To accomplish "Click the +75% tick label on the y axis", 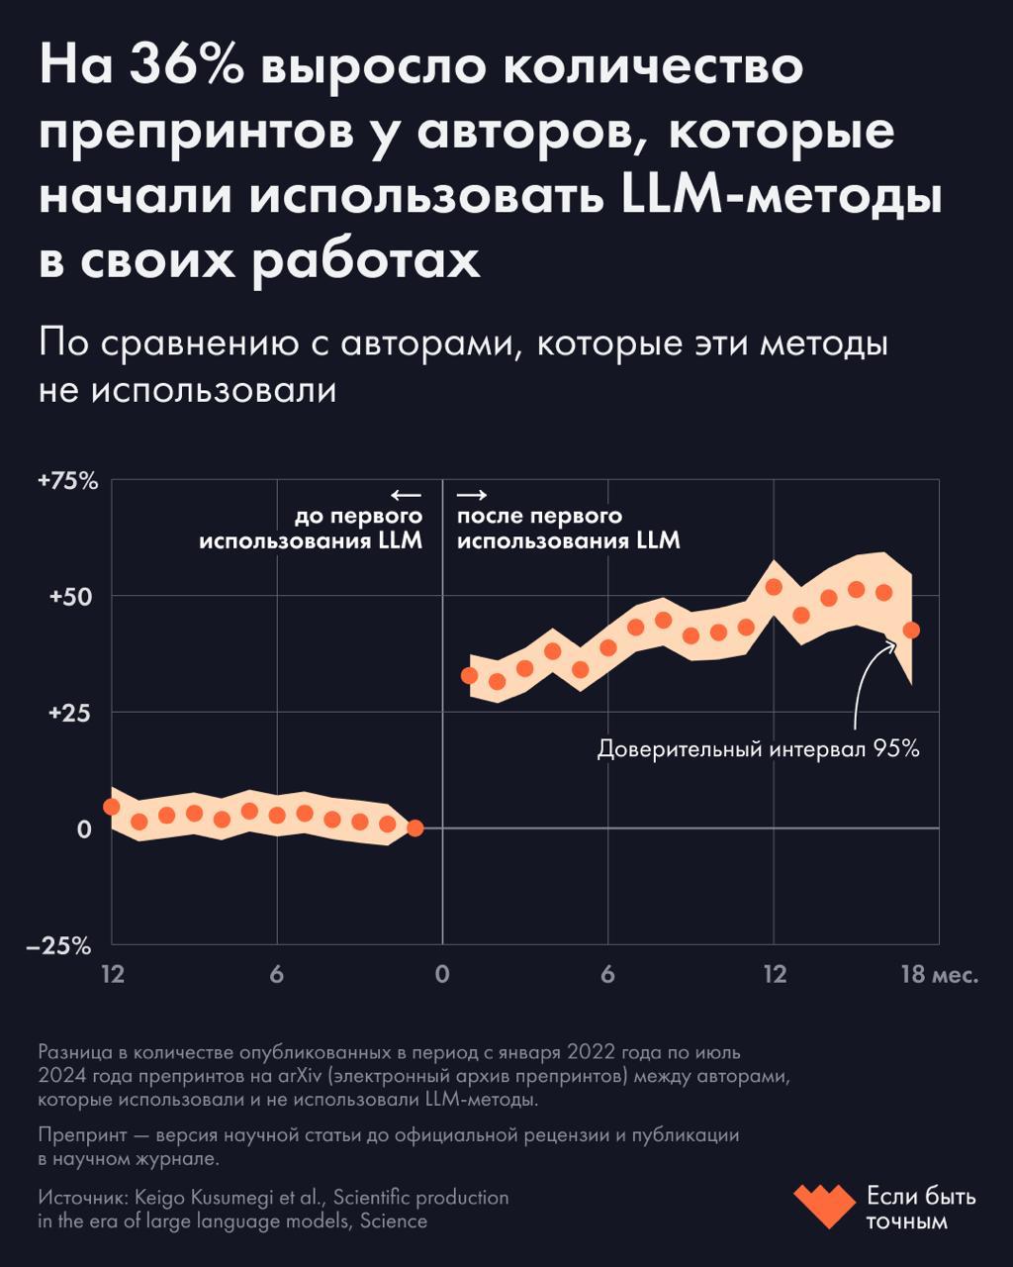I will click(x=68, y=481).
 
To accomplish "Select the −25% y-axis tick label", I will click(x=65, y=946).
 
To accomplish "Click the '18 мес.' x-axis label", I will click(x=938, y=975).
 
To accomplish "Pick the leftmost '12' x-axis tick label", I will click(x=113, y=975).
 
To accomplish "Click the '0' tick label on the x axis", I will click(x=442, y=975).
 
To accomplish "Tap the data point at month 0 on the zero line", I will click(x=415, y=828).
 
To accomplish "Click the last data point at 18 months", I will click(x=912, y=630).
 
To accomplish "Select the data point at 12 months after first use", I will click(x=775, y=587).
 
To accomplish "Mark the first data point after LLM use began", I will click(x=470, y=676).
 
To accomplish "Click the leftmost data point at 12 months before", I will click(x=112, y=807).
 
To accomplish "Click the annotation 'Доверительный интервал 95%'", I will click(x=759, y=749).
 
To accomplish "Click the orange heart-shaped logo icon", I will click(x=824, y=1207).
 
